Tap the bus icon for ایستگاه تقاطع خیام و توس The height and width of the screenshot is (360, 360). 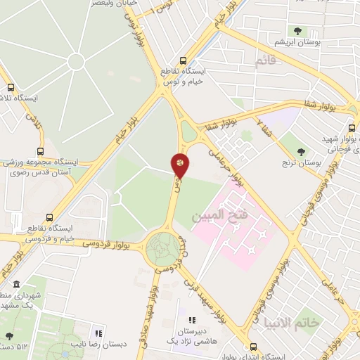pos(184,60)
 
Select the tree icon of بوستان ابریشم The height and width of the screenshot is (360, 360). pos(299,31)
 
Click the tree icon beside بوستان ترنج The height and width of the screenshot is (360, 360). pos(302,152)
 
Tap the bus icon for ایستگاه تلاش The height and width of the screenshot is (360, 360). pos(11,88)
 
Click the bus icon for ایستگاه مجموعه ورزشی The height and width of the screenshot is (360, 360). pos(40,150)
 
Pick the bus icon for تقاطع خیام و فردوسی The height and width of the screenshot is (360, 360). pos(49,217)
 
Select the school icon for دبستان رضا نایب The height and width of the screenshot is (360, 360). pos(99,333)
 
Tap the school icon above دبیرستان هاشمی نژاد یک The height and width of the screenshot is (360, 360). pos(192,321)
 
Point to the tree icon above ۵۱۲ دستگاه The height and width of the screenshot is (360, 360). pos(9,335)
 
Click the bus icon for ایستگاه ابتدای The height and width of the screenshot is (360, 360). pos(254,347)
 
